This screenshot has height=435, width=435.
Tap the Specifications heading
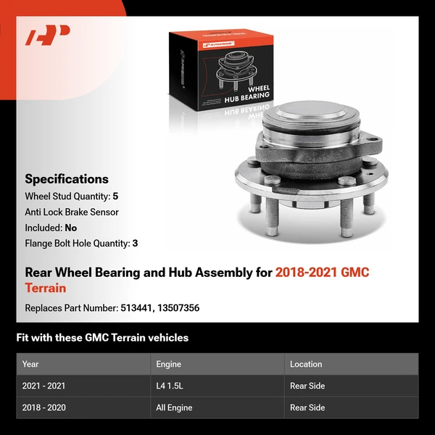[x=67, y=179]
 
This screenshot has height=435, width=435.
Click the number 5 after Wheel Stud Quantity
[x=116, y=196]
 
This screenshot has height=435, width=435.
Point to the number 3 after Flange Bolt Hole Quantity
[x=135, y=244]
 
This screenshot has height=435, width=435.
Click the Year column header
[x=30, y=364]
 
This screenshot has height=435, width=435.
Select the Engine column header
[x=168, y=364]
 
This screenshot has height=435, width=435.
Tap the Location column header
[x=306, y=364]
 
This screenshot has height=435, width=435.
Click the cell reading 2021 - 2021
[x=43, y=386]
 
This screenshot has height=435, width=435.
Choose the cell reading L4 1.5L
[x=172, y=386]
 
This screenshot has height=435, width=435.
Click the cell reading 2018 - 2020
[x=43, y=407]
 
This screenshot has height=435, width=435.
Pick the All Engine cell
[x=174, y=407]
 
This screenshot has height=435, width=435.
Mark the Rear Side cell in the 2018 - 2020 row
[x=307, y=407]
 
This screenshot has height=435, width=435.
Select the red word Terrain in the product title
[x=46, y=288]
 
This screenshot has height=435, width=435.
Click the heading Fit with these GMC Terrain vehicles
[x=102, y=338]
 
